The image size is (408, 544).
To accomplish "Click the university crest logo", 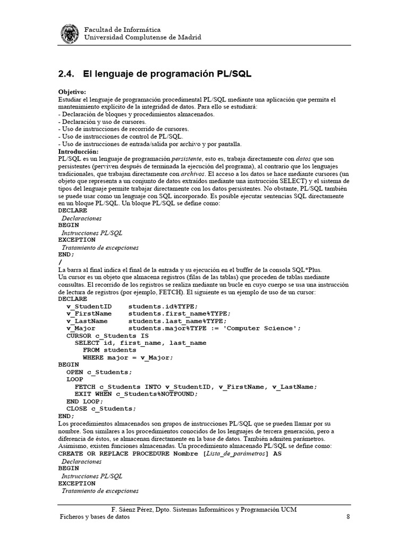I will point(71,33).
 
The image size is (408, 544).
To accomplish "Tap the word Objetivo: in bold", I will point(72,92).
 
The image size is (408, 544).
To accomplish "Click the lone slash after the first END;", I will point(61,262).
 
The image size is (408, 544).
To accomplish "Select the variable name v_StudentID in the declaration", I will point(89,306).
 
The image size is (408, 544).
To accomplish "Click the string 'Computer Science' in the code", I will point(263,328).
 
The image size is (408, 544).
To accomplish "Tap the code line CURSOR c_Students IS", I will point(107,336).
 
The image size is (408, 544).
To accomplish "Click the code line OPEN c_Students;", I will point(99,372).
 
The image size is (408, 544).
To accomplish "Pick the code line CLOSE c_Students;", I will point(101,409).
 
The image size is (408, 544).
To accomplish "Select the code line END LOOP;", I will point(84,401).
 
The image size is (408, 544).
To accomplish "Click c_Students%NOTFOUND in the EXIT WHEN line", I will point(154,394).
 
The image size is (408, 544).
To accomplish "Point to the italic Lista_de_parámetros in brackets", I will point(235,454).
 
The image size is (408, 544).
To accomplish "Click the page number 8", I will point(347,517).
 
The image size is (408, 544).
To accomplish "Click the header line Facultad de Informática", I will point(123,30).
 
